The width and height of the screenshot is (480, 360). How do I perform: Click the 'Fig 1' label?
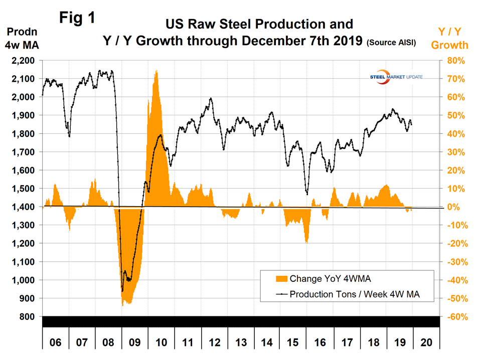coord(77,18)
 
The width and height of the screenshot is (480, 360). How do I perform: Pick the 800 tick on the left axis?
coord(29,317)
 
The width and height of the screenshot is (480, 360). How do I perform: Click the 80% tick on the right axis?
coord(453,61)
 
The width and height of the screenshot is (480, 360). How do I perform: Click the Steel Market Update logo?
coord(389,78)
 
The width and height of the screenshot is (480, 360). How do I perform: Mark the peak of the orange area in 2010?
coord(157,71)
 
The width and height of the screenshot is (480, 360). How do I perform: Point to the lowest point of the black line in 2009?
coord(122,291)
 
